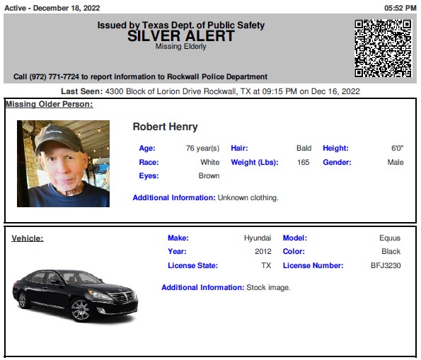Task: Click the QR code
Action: tap(382, 47)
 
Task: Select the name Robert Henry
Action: tap(165, 127)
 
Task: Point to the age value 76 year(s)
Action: tap(202, 149)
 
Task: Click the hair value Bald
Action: tap(304, 149)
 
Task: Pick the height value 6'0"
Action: tap(397, 149)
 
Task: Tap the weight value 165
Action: tap(303, 162)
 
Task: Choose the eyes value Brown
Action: tap(209, 175)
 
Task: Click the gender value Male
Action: tap(396, 162)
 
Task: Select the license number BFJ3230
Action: tap(386, 265)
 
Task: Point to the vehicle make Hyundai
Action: tap(258, 238)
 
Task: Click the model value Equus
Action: tap(390, 238)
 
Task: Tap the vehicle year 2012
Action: tap(263, 251)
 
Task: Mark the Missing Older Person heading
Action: tap(50, 105)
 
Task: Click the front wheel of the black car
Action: tap(80, 310)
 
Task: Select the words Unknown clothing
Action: tap(248, 197)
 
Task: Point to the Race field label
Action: tap(149, 162)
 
